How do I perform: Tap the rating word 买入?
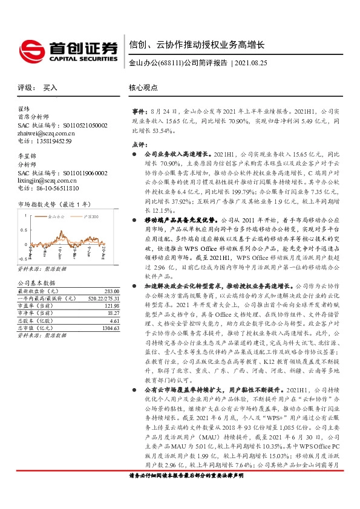point(50,88)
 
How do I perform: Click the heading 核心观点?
point(143,88)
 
